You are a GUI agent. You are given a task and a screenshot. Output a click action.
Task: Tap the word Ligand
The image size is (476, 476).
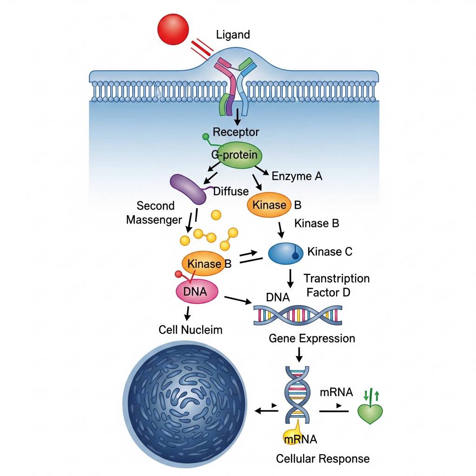pos(233,34)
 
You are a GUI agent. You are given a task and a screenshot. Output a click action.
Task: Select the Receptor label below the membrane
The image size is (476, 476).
pos(236,132)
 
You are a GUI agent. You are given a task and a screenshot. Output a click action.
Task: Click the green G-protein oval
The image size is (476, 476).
pos(240,155)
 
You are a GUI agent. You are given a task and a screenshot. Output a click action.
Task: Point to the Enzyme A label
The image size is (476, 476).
pos(297,176)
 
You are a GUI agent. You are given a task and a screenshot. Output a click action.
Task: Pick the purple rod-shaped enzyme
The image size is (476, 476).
pos(188,189)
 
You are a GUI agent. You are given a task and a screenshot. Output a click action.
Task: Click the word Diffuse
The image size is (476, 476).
pos(231,191)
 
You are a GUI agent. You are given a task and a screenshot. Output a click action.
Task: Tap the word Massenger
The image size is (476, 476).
pos(153,219)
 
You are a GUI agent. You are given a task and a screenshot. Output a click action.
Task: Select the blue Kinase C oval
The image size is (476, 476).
pos(285,252)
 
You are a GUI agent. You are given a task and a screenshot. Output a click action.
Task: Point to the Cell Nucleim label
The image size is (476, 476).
pos(190,330)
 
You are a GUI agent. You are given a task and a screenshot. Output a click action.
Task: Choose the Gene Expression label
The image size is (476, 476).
pos(311,338)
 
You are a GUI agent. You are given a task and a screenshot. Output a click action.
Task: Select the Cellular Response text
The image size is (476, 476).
pos(323,459)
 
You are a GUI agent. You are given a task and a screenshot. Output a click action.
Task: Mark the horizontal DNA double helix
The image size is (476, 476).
pos(298,315)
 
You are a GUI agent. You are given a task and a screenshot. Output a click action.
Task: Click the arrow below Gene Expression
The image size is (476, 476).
pos(299,355)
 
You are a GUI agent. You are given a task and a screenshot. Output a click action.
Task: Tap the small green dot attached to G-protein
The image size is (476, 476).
pos(205,137)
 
